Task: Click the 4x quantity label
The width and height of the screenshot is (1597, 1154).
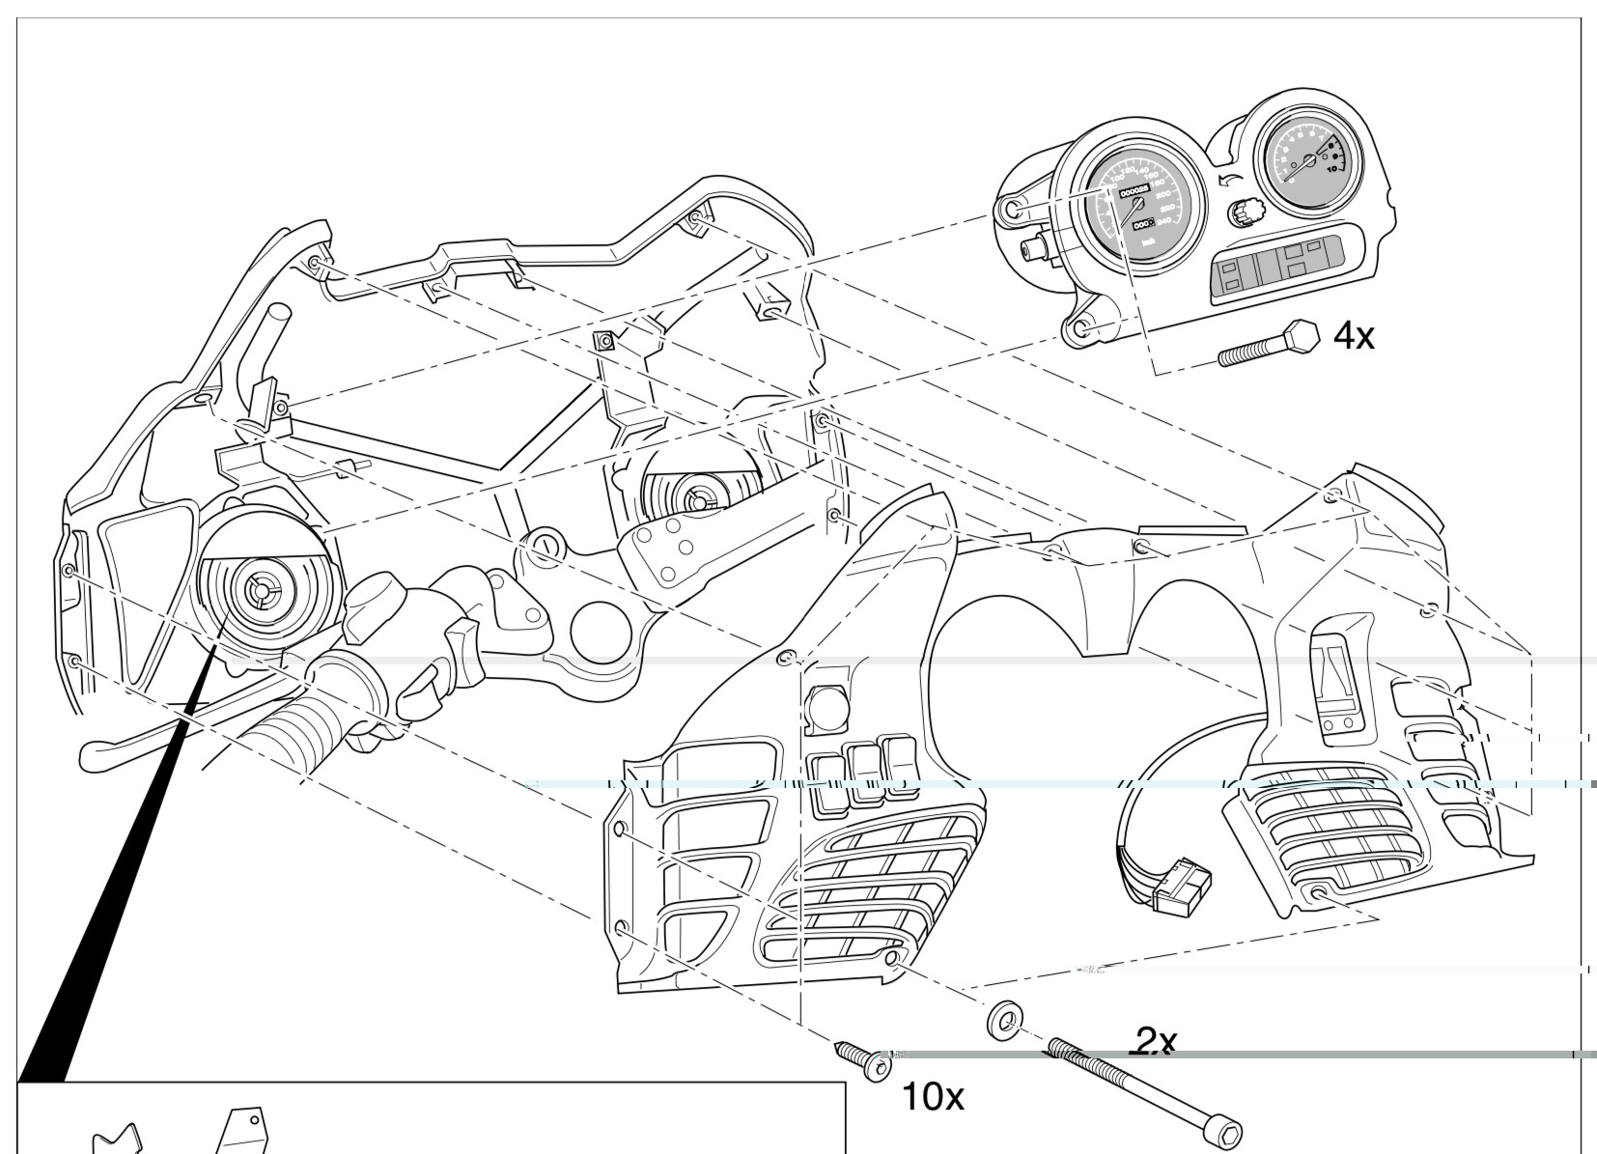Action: (1353, 336)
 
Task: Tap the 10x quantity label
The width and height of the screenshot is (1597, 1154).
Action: (932, 1096)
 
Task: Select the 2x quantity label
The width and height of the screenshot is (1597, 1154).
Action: (1155, 1041)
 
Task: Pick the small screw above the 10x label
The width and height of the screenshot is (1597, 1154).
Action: (864, 1060)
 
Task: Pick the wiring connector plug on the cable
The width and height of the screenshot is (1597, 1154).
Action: (1182, 891)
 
